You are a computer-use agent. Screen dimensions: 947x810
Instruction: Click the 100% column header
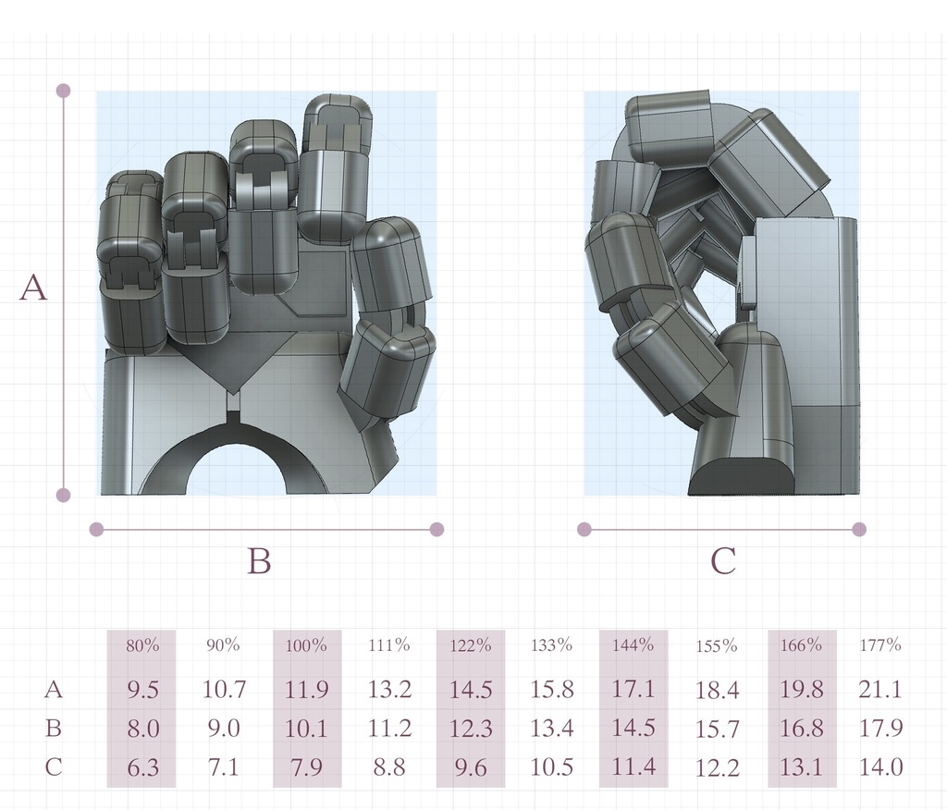coord(306,645)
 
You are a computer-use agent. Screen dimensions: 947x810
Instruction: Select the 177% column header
coord(880,645)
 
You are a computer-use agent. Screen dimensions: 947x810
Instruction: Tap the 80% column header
coord(142,645)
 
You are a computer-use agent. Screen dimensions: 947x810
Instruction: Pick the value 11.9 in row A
coord(306,689)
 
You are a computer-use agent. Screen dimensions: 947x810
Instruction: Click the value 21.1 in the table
coord(880,689)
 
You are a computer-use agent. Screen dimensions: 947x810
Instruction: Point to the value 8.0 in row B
coord(143,729)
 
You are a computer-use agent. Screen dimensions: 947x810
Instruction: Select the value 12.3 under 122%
coord(471,729)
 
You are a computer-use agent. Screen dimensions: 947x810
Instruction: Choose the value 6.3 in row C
coord(143,767)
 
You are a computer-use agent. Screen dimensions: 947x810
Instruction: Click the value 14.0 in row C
coord(881,767)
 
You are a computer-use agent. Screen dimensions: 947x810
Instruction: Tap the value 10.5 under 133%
coord(551,767)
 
